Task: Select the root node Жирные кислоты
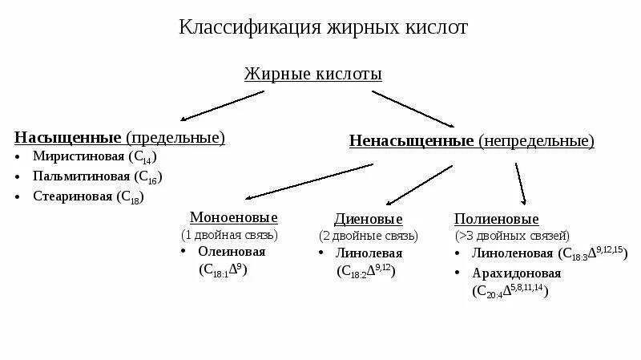(x=312, y=74)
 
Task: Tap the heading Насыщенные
(x=68, y=138)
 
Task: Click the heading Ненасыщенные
(x=412, y=141)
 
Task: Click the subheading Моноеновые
(x=233, y=217)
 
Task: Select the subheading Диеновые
(x=368, y=219)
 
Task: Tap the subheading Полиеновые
(x=496, y=219)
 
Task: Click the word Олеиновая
(x=232, y=251)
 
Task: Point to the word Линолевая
(x=369, y=253)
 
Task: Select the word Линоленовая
(x=512, y=253)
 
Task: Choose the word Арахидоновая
(x=517, y=273)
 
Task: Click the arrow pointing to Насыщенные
(x=221, y=105)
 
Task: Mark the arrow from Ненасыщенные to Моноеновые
(x=308, y=181)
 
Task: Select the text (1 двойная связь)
(x=229, y=235)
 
